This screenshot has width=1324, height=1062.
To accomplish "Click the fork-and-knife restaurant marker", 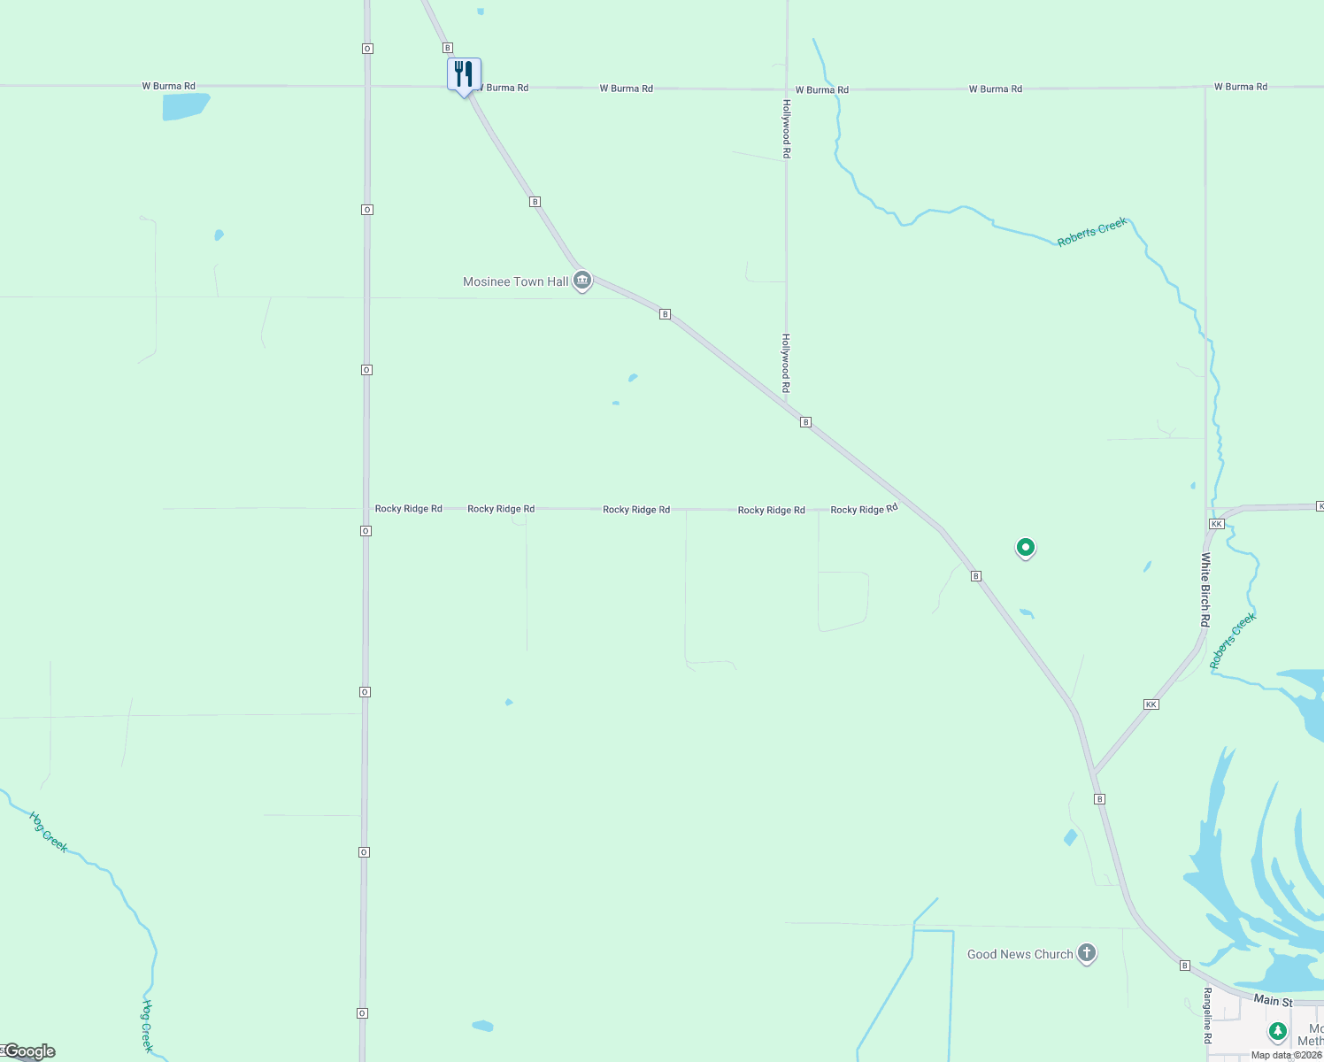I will [464, 74].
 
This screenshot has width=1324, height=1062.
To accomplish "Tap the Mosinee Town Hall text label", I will [516, 282].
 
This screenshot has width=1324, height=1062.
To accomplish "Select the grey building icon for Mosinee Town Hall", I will [582, 281].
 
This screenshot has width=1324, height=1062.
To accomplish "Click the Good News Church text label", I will [1020, 954].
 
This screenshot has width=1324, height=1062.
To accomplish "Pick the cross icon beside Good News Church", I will [1087, 953].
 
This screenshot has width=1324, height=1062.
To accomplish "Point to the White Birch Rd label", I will [1205, 589].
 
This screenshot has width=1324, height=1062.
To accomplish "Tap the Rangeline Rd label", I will [1207, 1015].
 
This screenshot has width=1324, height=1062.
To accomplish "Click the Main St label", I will [1273, 1000].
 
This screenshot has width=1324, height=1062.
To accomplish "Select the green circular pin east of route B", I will [1026, 548].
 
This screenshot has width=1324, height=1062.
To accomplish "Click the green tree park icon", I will [1277, 1031].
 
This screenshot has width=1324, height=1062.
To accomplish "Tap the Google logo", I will [29, 1051].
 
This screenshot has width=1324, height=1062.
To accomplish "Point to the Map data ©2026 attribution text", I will [1286, 1055].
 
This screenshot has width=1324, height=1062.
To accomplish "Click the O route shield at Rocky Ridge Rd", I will [366, 531].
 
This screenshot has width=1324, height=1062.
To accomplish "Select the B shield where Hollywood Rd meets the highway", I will [805, 422].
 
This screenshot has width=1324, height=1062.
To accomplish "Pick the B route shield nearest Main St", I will [1184, 966].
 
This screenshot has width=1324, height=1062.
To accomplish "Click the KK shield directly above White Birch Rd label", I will [1216, 524].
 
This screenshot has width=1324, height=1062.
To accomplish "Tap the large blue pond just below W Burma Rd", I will [185, 106].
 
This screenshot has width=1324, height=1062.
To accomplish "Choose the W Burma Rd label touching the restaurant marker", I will [506, 88].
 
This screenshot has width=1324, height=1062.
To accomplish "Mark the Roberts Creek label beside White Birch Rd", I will [1233, 641].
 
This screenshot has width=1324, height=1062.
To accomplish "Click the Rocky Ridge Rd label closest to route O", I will [408, 509].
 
